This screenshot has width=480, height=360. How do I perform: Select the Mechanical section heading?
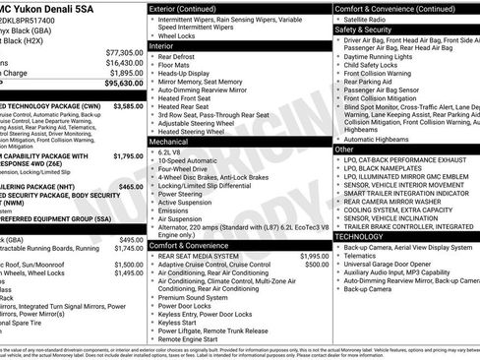click(x=169, y=142)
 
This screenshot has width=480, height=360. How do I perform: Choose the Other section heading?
click(x=344, y=149)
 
